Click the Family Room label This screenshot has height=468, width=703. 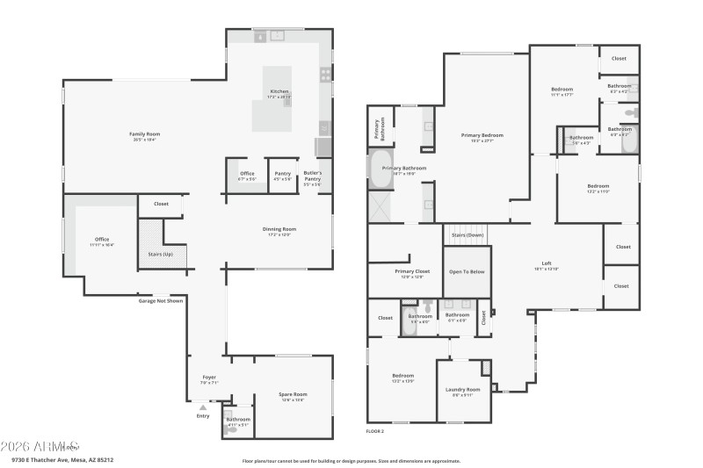145,133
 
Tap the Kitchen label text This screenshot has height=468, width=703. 279,91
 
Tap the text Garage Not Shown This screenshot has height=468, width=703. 160,300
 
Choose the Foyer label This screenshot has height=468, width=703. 209,378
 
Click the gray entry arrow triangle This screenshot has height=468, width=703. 203,407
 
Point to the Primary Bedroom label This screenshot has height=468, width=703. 482,135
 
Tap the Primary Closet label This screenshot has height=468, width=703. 412,272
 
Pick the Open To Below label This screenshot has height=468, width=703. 467,271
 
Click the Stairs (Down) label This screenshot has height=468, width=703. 467,235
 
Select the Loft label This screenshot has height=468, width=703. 547,264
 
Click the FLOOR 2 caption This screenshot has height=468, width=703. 375,431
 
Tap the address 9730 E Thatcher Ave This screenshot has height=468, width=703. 44,459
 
